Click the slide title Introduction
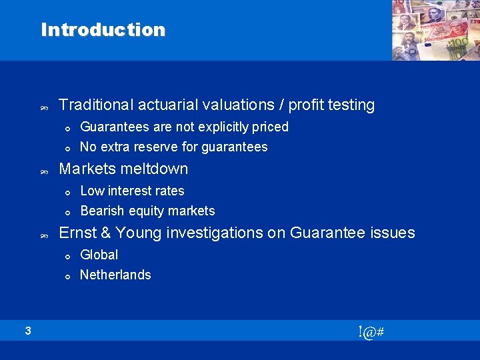(103, 30)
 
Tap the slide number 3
(28, 330)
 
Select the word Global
(99, 255)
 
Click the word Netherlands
(115, 275)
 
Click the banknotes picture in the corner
(435, 30)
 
